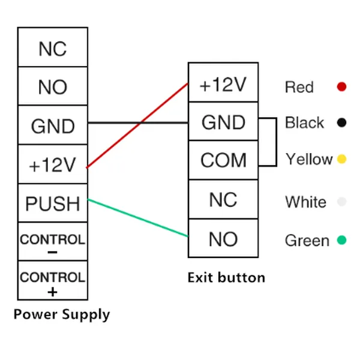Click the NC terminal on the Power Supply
coord(52,48)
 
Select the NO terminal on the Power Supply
coord(52,87)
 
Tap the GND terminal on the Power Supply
coord(52,126)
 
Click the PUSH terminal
coord(52,203)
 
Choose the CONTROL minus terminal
coord(52,243)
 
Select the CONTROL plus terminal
coord(52,281)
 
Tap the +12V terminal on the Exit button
coord(223,85)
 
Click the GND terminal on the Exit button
coord(223,122)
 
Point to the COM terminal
coord(223,160)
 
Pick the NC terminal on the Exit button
coord(223,199)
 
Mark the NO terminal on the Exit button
coord(223,239)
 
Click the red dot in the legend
coord(341,87)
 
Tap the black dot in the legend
coord(341,123)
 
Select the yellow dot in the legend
coord(341,160)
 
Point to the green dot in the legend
coord(341,241)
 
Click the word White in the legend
coord(306,202)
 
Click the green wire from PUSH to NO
coord(138,217)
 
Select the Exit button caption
coord(226,278)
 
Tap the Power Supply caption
coord(62,314)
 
